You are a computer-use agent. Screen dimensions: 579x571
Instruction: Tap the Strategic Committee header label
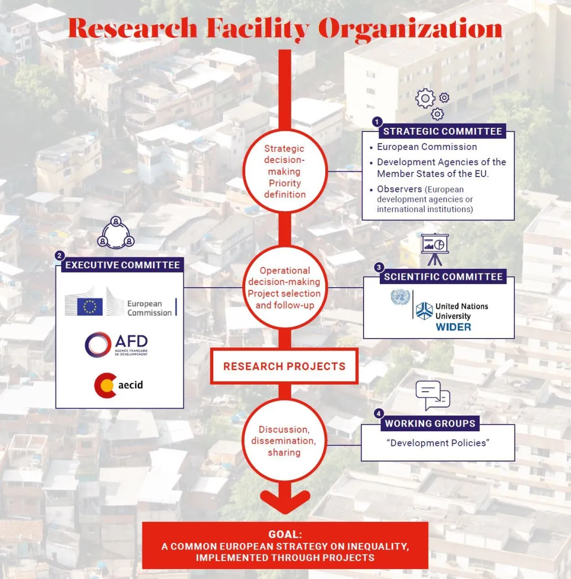click(x=442, y=132)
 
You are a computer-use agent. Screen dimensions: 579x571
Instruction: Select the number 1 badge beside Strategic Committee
click(x=376, y=122)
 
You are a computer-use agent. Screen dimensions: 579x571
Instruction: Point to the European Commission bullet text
click(x=427, y=147)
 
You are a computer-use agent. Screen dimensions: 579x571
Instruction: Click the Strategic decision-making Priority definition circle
click(x=284, y=172)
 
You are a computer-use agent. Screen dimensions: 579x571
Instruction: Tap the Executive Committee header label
click(x=123, y=265)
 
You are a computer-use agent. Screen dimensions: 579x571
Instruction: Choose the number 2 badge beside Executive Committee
click(x=60, y=256)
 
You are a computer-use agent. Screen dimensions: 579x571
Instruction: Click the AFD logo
click(x=117, y=345)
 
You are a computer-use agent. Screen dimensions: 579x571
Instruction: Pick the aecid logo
click(x=118, y=385)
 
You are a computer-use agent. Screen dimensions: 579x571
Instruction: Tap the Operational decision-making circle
click(x=284, y=288)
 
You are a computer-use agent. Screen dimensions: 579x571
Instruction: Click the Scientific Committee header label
click(x=443, y=277)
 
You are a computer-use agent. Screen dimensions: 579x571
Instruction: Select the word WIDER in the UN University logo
click(x=453, y=327)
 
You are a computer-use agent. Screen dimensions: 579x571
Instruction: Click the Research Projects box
click(x=284, y=366)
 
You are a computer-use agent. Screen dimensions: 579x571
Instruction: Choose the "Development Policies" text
click(x=437, y=443)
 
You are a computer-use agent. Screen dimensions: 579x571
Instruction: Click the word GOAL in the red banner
click(x=285, y=534)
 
